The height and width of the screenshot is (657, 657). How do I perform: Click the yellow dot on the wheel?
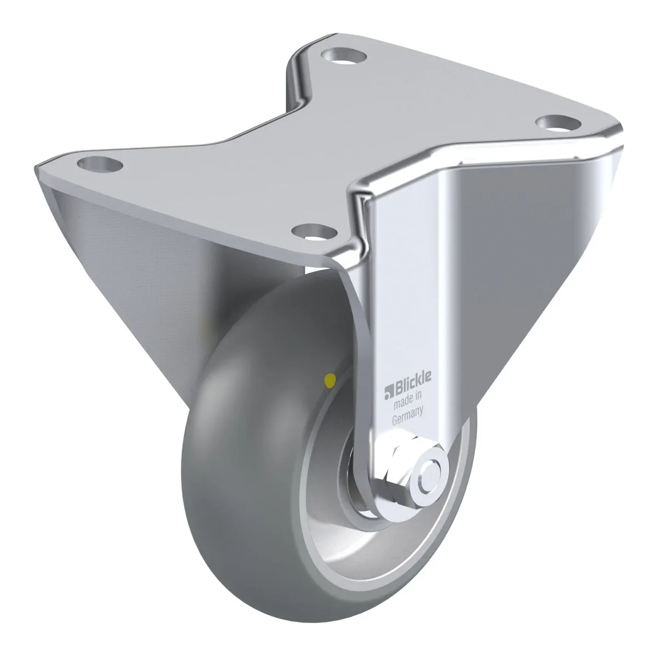click(330, 378)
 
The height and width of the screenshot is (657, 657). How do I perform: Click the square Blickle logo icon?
click(389, 393)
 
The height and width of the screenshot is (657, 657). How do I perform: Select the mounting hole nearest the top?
click(344, 55)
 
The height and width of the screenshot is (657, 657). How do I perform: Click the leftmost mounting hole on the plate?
click(100, 164)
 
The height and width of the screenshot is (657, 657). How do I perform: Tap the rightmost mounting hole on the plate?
click(558, 123)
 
